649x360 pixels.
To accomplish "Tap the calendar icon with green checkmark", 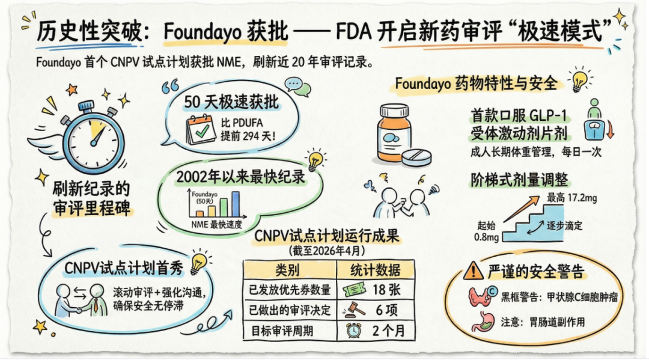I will pyautogui.click(x=201, y=128).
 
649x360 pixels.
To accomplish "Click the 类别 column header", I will pyautogui.click(x=287, y=269).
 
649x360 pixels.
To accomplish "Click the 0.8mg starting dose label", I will pyautogui.click(x=485, y=238).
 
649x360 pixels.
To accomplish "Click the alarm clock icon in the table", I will pyautogui.click(x=353, y=331).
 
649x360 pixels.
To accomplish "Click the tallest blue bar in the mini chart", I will pyautogui.click(x=236, y=204).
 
